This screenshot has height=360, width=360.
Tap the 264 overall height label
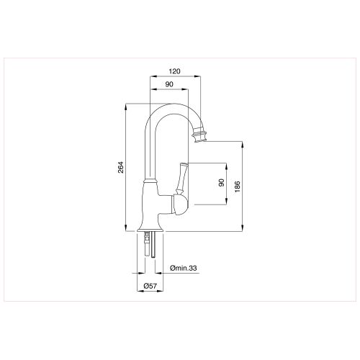[121, 168]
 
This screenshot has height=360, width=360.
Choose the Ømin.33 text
[184, 268]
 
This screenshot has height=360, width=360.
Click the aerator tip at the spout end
[202, 134]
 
